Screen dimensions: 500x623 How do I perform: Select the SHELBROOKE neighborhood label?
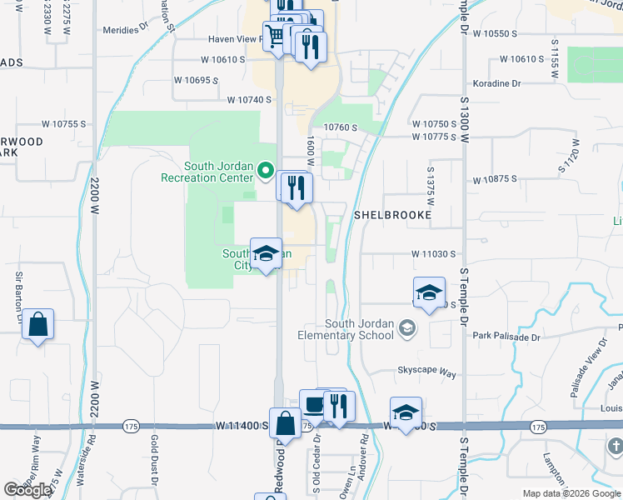click(x=392, y=215)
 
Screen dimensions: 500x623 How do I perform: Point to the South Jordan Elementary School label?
click(x=346, y=330)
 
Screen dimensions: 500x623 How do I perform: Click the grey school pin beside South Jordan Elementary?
click(x=407, y=327)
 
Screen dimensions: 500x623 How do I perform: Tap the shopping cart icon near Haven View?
click(x=274, y=36)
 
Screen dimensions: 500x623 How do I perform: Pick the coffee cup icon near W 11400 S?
click(x=313, y=406)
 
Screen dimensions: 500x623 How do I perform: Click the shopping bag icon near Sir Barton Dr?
click(x=38, y=324)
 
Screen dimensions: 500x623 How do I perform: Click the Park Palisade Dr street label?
click(x=506, y=337)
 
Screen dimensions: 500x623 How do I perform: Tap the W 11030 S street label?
click(x=435, y=253)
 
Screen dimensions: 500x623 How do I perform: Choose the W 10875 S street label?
click(x=495, y=179)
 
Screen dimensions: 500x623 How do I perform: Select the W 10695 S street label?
click(x=196, y=80)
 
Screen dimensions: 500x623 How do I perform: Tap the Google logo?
click(x=28, y=490)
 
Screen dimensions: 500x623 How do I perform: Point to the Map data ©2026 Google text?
click(x=570, y=493)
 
